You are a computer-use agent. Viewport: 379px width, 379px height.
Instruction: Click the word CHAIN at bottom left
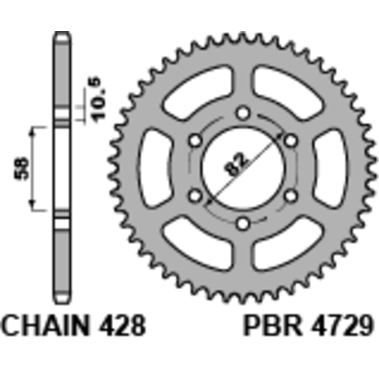45,325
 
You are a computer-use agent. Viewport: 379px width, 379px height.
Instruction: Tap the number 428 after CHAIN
122,325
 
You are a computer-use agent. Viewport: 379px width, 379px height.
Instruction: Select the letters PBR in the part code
273,325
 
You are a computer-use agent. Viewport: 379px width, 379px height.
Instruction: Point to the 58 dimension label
21,169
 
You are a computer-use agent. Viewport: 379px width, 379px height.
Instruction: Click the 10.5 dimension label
98,100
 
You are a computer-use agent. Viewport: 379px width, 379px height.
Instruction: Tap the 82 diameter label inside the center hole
236,163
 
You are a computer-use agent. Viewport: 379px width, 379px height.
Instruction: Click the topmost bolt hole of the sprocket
243,113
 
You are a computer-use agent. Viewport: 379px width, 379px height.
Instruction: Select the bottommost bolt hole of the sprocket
243,224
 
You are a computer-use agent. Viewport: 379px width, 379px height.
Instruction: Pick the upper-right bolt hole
290,140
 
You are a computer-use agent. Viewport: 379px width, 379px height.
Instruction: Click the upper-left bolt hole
195,140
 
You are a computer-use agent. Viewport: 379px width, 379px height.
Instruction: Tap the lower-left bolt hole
195,196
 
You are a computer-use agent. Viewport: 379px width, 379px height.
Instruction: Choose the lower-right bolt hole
290,196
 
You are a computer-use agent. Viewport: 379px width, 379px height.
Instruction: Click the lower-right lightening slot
288,244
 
